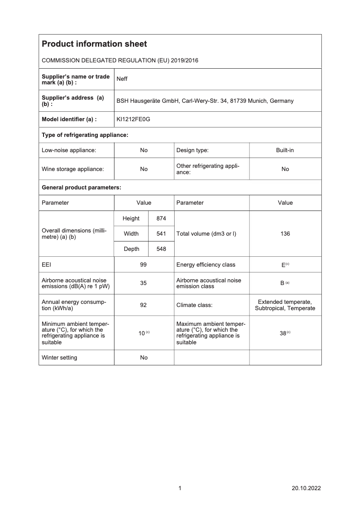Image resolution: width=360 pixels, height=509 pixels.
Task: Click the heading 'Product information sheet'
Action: pyautogui.click(x=94, y=44)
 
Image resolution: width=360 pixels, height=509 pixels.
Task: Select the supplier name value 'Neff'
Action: pyautogui.click(x=122, y=79)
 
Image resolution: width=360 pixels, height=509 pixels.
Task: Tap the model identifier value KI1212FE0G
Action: pyautogui.click(x=133, y=119)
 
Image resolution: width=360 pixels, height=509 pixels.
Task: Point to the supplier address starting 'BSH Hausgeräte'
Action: pyautogui.click(x=205, y=101)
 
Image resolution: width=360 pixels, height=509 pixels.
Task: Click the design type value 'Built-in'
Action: pyautogui.click(x=285, y=150)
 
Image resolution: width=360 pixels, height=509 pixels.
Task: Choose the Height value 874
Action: pyautogui.click(x=161, y=219)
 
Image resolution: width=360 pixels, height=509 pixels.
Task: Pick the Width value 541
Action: pyautogui.click(x=161, y=234)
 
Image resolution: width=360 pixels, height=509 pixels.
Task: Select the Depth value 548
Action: pyautogui.click(x=161, y=249)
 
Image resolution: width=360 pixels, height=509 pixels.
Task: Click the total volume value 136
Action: pyautogui.click(x=285, y=234)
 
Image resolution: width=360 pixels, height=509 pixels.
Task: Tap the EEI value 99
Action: pyautogui.click(x=144, y=265)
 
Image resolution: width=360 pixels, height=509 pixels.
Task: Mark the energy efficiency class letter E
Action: pyautogui.click(x=283, y=265)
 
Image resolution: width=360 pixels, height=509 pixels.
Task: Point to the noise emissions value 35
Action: pyautogui.click(x=144, y=284)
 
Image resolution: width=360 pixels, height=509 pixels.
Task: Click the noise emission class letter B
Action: pyautogui.click(x=282, y=284)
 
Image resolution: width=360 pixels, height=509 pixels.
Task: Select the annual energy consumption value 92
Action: pyautogui.click(x=144, y=305)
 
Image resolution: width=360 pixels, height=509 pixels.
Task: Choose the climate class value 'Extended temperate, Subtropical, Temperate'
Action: pyautogui.click(x=285, y=305)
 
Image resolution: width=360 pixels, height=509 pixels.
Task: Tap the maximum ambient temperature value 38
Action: pyautogui.click(x=283, y=333)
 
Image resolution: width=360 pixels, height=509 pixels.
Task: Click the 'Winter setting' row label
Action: pyautogui.click(x=59, y=358)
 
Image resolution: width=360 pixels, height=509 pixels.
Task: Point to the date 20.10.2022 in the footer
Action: pyautogui.click(x=306, y=488)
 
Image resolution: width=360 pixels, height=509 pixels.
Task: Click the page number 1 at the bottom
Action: pyautogui.click(x=180, y=488)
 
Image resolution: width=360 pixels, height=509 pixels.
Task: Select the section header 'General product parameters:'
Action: pyautogui.click(x=81, y=187)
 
